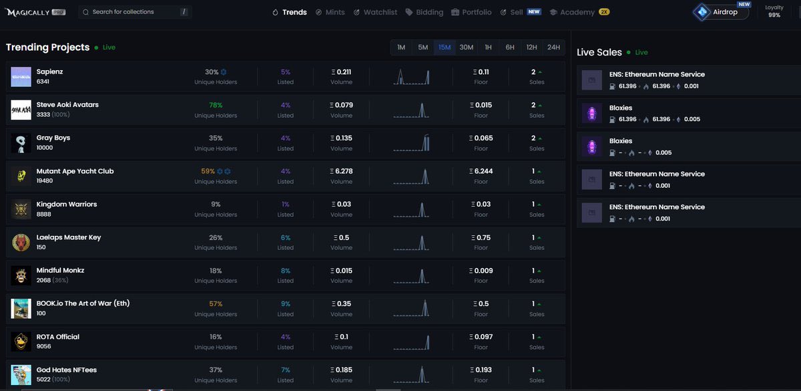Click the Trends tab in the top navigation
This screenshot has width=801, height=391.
[x=290, y=12]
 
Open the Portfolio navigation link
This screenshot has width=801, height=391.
[x=471, y=12]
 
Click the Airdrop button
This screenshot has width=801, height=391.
[x=721, y=12]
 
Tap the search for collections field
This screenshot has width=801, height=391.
[x=133, y=12]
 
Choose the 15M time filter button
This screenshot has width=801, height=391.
[x=445, y=47]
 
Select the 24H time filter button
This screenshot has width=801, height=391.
[x=553, y=47]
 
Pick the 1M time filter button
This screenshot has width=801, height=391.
[x=401, y=47]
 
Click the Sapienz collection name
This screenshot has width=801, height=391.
[x=50, y=72]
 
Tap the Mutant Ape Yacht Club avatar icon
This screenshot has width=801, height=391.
[x=21, y=176]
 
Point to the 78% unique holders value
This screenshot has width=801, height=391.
[x=216, y=105]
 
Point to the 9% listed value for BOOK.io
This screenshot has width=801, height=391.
[x=286, y=303]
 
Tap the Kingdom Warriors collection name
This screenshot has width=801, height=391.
[x=67, y=205]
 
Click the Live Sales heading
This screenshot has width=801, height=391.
[x=599, y=52]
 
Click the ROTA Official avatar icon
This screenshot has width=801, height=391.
[x=21, y=342]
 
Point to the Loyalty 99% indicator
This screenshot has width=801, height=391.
[x=774, y=11]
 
